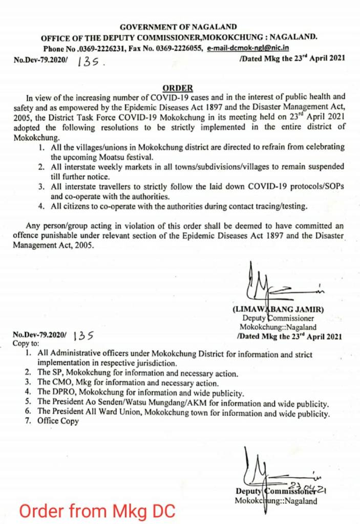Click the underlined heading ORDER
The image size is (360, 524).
point(178,88)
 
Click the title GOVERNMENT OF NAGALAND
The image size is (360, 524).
point(178,27)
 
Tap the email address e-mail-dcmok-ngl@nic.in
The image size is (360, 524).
point(248,48)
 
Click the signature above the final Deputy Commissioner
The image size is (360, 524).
point(277,469)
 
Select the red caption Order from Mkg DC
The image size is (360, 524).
point(97,511)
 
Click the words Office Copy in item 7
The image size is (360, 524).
point(58,421)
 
